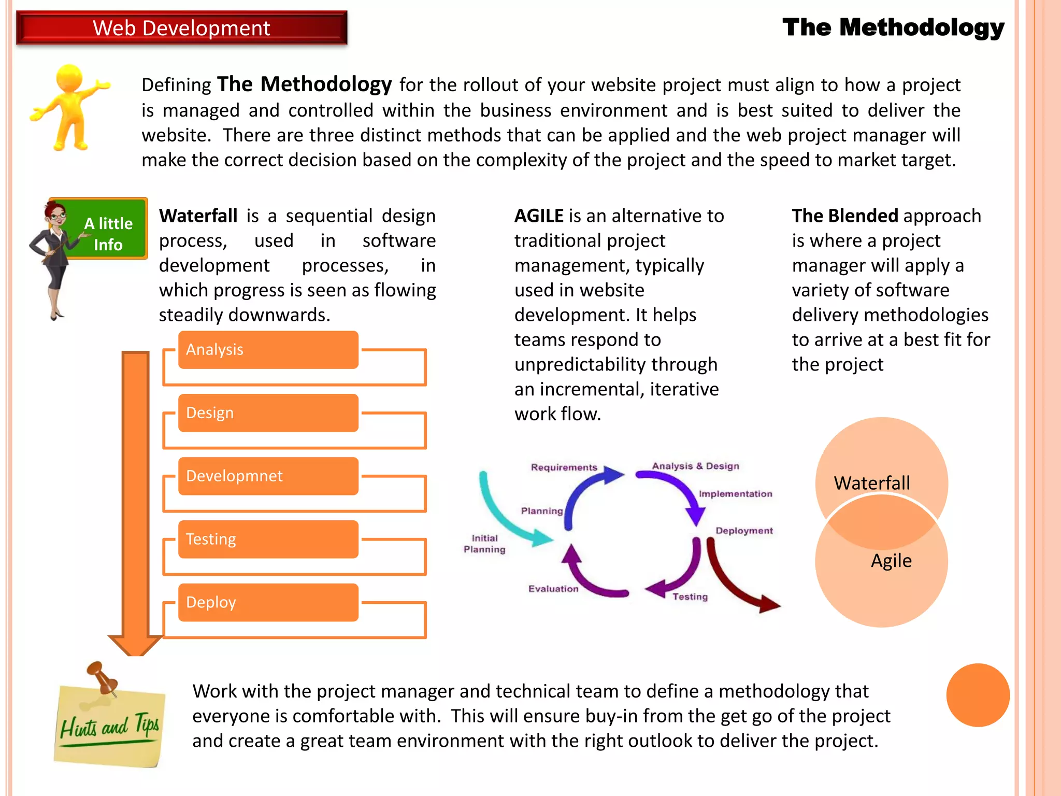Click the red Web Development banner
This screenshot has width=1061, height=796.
tap(181, 28)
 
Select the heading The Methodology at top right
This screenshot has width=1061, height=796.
tap(893, 27)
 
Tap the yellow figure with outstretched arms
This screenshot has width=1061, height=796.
tap(70, 106)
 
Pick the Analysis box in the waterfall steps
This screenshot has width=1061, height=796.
tap(268, 350)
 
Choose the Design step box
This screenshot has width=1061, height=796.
tap(268, 413)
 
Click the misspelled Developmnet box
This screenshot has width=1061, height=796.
tap(268, 476)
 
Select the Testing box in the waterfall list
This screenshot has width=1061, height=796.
tap(268, 539)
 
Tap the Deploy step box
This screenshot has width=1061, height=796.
tap(268, 603)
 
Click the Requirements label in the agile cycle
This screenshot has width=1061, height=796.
tap(564, 467)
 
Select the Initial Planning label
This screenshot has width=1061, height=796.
tap(484, 544)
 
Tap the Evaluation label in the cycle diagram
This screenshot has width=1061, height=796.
tap(553, 589)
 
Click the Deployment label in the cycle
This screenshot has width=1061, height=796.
tap(744, 531)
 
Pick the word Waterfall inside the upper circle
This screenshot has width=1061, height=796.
tap(871, 483)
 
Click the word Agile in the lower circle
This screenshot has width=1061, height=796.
tap(891, 561)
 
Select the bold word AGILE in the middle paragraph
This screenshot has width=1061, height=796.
tap(539, 216)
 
